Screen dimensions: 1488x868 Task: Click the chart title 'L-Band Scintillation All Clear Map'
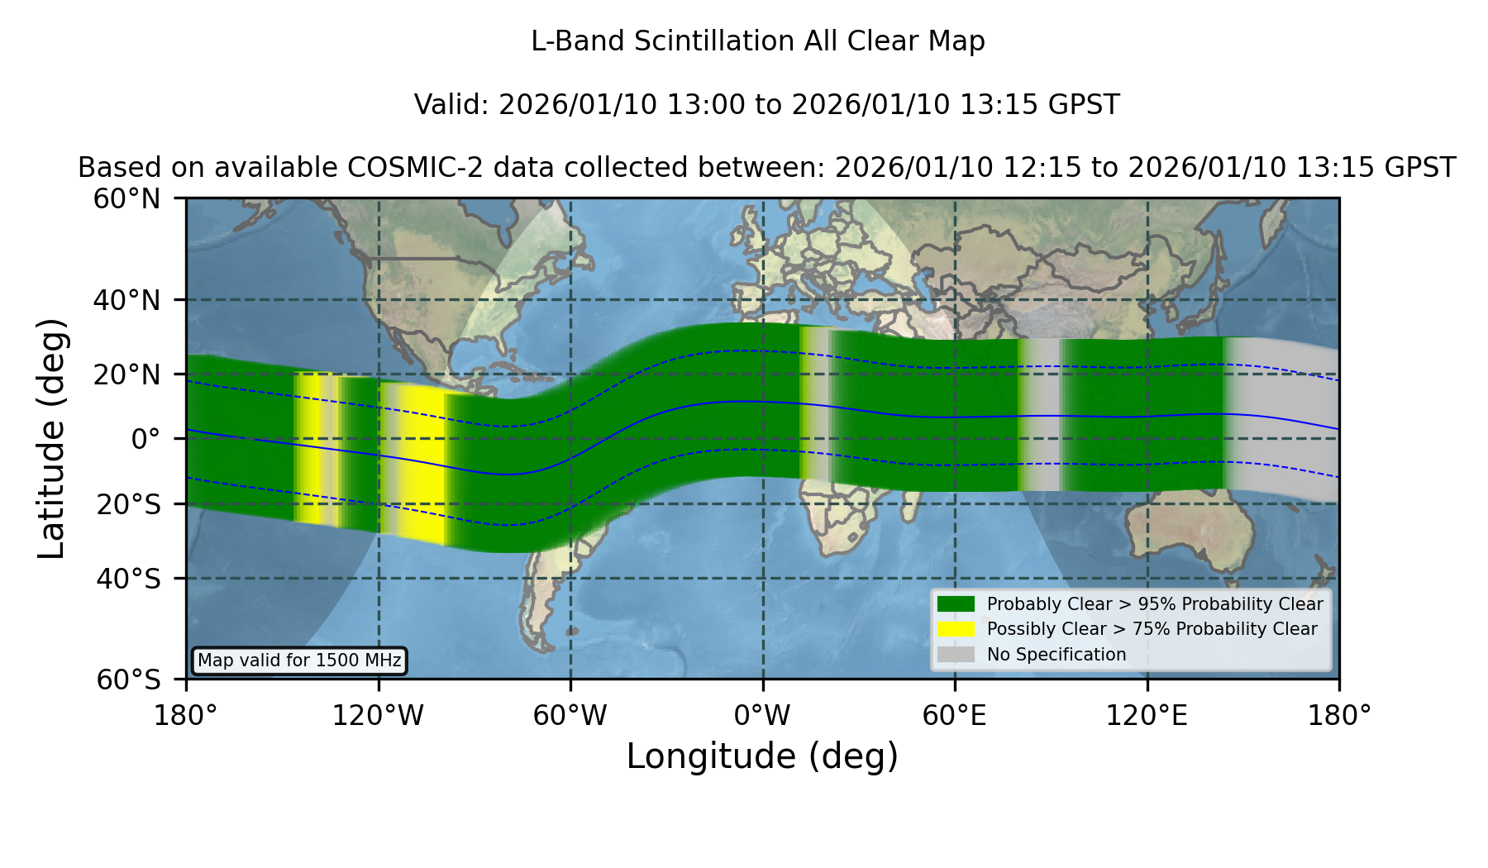pyautogui.click(x=758, y=41)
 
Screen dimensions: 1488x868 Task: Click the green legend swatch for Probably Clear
pyautogui.click(x=956, y=603)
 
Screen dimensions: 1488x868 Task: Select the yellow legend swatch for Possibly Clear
pyautogui.click(x=956, y=629)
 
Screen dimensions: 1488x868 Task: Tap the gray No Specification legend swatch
pyautogui.click(x=956, y=654)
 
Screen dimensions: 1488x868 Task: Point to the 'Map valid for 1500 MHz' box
pyautogui.click(x=300, y=661)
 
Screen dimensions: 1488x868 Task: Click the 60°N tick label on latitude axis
pyautogui.click(x=126, y=199)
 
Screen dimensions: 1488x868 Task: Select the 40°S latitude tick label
pyautogui.click(x=128, y=579)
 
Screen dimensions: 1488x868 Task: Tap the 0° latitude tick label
pyautogui.click(x=145, y=438)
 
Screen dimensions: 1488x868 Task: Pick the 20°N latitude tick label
pyautogui.click(x=126, y=374)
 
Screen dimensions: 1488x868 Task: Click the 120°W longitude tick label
pyautogui.click(x=378, y=716)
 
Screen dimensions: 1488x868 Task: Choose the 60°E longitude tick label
pyautogui.click(x=955, y=716)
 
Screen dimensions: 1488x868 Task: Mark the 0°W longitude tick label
pyautogui.click(x=762, y=716)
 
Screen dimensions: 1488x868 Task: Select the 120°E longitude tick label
pyautogui.click(x=1147, y=716)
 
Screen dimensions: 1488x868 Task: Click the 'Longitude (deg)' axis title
pyautogui.click(x=762, y=756)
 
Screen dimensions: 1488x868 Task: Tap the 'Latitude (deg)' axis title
pyautogui.click(x=51, y=438)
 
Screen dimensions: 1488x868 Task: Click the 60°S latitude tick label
pyautogui.click(x=128, y=680)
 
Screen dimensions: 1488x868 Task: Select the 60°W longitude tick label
pyautogui.click(x=570, y=716)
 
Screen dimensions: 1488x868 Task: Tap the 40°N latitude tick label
pyautogui.click(x=126, y=300)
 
